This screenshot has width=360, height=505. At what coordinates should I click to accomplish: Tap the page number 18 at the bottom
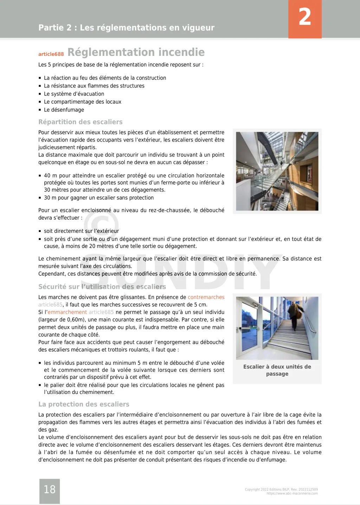point(50,489)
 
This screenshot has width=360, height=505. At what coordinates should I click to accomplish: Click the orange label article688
point(51,54)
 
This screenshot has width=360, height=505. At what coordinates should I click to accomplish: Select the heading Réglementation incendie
point(136,52)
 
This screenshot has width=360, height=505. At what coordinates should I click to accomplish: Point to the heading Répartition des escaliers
point(81,122)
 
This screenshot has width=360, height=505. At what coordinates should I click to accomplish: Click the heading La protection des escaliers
point(84,404)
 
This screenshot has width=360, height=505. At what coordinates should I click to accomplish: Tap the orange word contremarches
point(206,297)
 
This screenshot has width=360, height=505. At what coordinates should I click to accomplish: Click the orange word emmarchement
point(67,312)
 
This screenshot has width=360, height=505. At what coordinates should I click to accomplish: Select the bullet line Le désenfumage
point(64,110)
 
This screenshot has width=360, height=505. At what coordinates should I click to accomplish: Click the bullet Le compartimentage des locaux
point(82,102)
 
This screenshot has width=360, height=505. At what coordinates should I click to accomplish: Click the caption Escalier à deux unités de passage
point(277,370)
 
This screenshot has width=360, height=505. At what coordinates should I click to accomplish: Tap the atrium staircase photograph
point(277,171)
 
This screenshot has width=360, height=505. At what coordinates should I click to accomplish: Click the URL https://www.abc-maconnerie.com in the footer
point(292,493)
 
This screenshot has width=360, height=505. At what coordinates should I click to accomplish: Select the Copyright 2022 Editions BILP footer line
point(281,489)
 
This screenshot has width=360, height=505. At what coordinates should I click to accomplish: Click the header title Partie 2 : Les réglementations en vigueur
point(126,28)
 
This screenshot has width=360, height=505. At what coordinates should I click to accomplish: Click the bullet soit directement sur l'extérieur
point(81,231)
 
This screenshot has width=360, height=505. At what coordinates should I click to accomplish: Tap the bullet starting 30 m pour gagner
point(98,198)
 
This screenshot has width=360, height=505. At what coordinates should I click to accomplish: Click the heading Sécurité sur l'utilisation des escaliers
point(102,287)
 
